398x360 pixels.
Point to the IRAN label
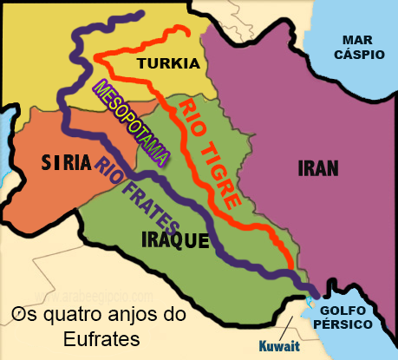pos(318,167)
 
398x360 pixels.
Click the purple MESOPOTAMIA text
pos(129,122)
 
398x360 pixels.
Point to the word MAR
pos(358,40)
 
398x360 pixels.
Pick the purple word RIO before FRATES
pos(108,165)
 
